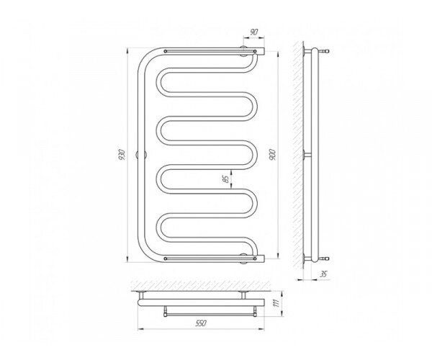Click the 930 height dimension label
click(122, 155)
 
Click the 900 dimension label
click(272, 155)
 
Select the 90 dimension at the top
click(253, 32)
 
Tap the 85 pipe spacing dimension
click(226, 179)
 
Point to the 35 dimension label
click(323, 274)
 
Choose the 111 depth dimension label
click(277, 303)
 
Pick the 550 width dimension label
click(201, 323)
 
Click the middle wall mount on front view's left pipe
click(141, 155)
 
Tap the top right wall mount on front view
click(244, 52)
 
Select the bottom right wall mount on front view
click(244, 258)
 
